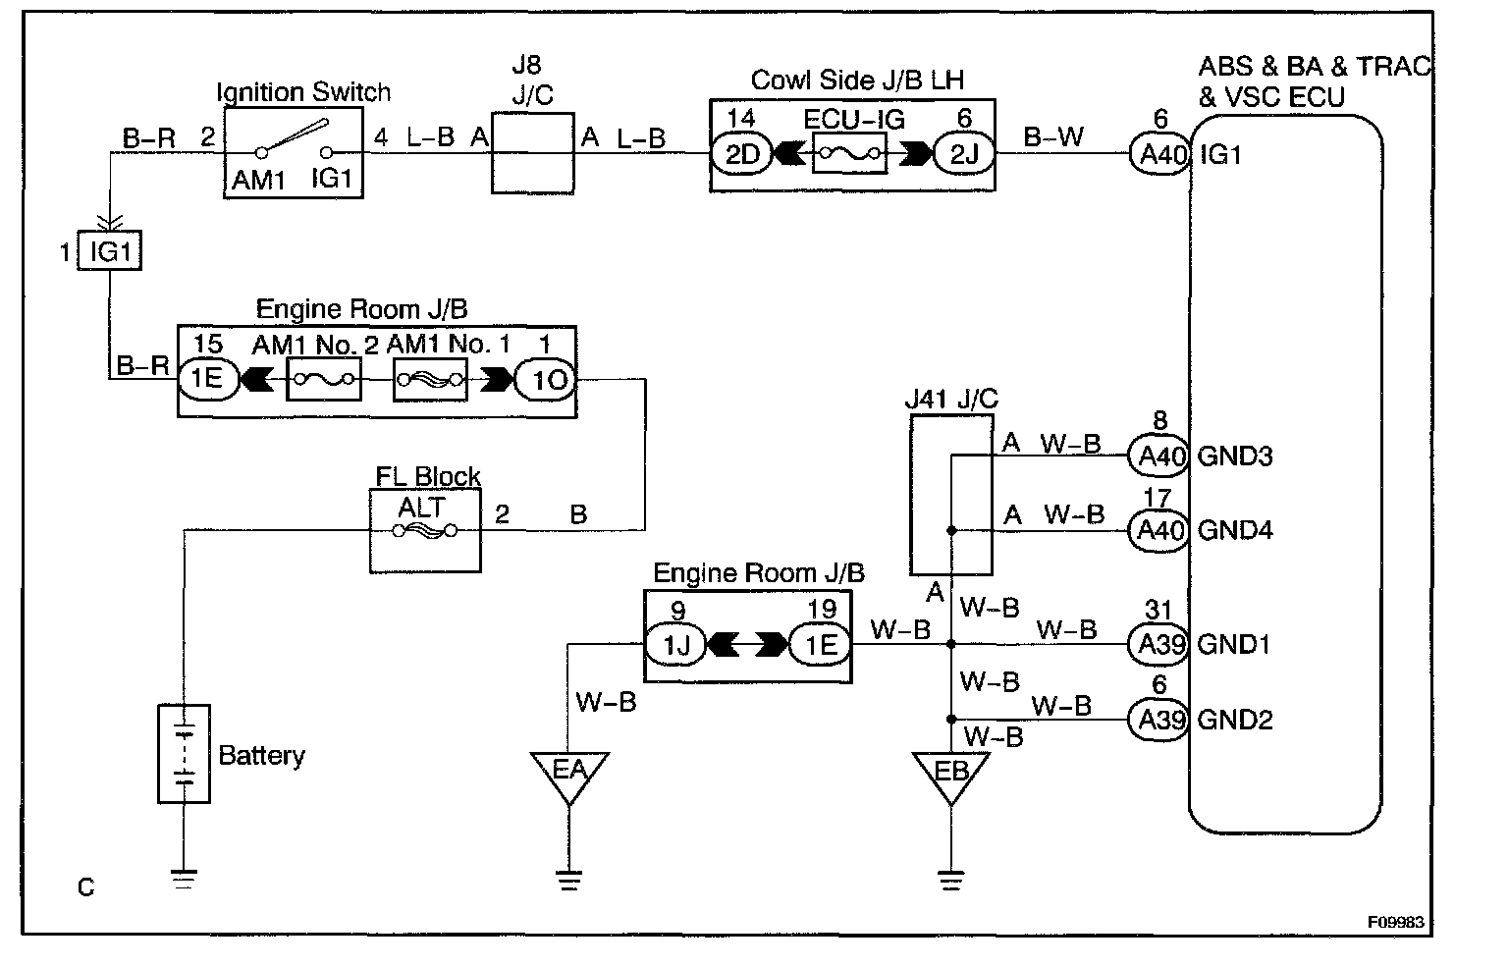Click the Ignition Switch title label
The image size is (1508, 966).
[x=303, y=93]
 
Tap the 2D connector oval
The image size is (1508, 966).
[x=743, y=154]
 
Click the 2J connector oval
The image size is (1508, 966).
[x=962, y=154]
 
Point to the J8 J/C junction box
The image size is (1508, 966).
[x=531, y=153]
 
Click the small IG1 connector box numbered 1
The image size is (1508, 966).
[x=110, y=252]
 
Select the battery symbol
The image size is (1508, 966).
[x=184, y=753]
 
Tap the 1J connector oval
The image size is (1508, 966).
[x=675, y=645]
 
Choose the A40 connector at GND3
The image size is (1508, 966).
[x=1158, y=456]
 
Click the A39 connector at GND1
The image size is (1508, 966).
[x=1158, y=644]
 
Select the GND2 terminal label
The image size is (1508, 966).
[x=1235, y=720]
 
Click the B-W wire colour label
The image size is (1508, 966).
[x=1053, y=137]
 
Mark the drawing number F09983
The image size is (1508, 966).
[x=1395, y=923]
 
